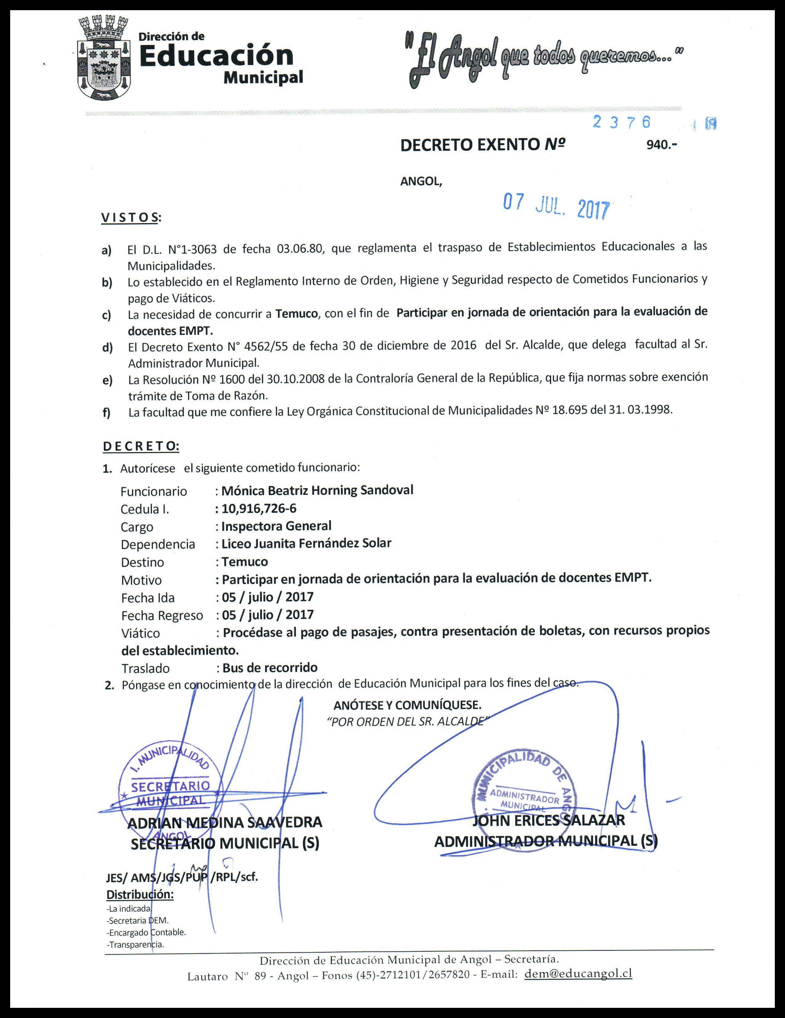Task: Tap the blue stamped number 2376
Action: click(621, 122)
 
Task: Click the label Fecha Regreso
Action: click(162, 616)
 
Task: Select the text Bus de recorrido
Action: click(270, 668)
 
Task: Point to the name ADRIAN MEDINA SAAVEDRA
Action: click(225, 823)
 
